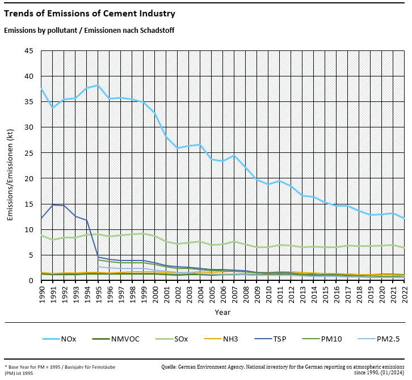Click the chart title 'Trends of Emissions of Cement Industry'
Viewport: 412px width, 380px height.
(x=90, y=14)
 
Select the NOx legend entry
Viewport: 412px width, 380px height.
(x=69, y=339)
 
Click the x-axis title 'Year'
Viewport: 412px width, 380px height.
(x=222, y=312)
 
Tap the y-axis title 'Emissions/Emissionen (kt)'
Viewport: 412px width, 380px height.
(x=10, y=165)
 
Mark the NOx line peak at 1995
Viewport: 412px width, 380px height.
(x=98, y=85)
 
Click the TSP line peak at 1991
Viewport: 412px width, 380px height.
(x=53, y=205)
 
